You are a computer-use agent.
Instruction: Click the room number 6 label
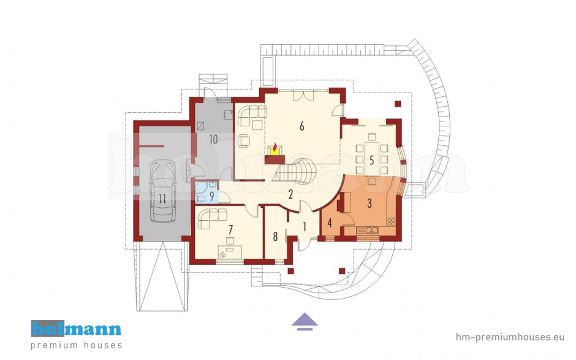tap(302, 126)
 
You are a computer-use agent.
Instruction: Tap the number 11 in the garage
tap(162, 199)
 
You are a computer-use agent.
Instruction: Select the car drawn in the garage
tap(163, 191)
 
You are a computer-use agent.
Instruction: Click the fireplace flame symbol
tap(275, 145)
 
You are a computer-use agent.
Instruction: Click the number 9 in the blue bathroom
tap(211, 196)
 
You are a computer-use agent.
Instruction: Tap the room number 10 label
tap(213, 139)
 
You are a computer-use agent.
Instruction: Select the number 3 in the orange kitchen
tap(369, 203)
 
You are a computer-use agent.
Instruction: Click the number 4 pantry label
tap(330, 223)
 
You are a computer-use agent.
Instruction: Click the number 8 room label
tap(276, 237)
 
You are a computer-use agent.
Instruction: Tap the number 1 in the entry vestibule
tap(305, 227)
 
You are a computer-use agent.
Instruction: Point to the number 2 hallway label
tap(290, 194)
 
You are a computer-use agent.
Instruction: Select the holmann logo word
tap(76, 328)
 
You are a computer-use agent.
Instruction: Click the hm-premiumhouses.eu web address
tap(510, 337)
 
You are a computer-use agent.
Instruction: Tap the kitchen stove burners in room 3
tap(391, 222)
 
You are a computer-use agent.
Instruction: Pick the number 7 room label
tap(230, 229)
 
